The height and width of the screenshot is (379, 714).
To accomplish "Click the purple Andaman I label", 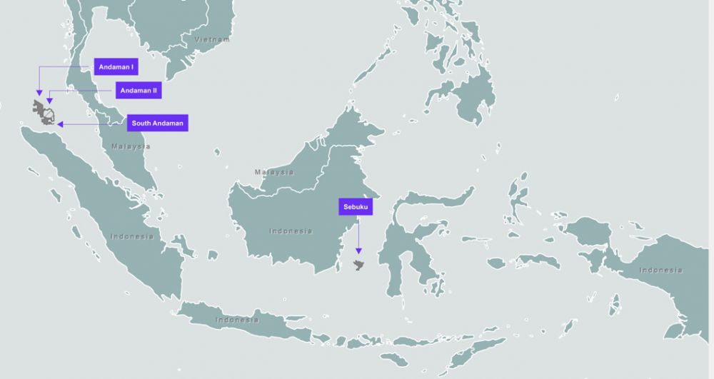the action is point(116,67).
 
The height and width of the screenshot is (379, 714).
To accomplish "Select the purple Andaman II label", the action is point(139,91).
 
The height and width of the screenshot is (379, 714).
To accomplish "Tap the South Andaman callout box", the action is point(158,123).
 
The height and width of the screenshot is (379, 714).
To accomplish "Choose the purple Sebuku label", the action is point(355,207).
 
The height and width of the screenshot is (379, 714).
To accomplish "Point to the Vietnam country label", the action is point(213,39).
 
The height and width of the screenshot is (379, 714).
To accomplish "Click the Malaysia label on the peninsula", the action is point(131,146).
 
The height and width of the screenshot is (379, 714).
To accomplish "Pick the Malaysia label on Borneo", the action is point(274,172).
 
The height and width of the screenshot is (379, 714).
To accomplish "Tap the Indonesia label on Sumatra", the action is point(132,236).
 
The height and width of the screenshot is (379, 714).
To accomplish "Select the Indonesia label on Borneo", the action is point(291,231).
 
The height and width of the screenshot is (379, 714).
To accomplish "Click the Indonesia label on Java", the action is point(237,320).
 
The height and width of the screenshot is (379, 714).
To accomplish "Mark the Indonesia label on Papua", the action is point(660,270).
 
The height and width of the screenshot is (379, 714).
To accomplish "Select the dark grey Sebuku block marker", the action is point(359,266).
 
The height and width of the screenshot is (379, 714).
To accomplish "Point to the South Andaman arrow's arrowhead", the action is point(60,124).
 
